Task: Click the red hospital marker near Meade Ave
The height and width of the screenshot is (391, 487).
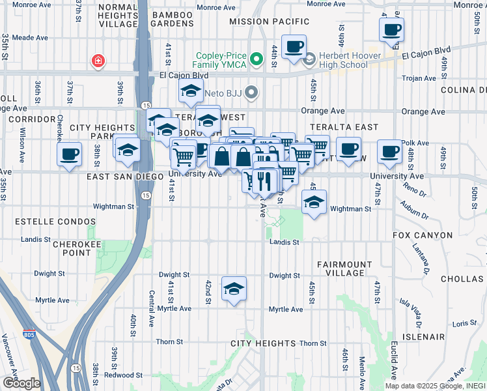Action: point(98,61)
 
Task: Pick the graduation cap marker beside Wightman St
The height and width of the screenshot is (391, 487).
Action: point(314,202)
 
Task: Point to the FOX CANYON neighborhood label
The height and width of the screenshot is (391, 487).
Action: point(423,235)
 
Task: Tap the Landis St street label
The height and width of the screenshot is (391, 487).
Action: point(284,242)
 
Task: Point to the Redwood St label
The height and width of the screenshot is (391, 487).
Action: point(123,375)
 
